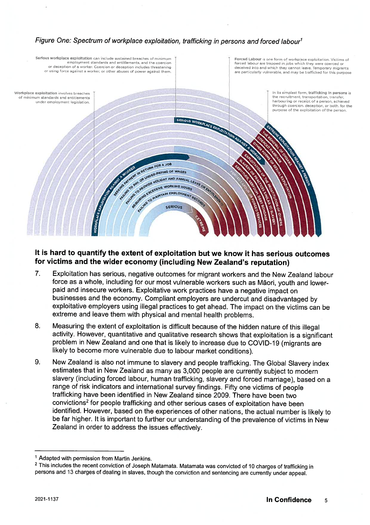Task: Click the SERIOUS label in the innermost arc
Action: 174,207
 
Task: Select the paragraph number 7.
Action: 37,274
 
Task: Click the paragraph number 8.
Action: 37,326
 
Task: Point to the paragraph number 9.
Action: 37,362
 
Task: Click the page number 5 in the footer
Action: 326,500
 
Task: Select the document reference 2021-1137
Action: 47,499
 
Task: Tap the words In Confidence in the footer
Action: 289,500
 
